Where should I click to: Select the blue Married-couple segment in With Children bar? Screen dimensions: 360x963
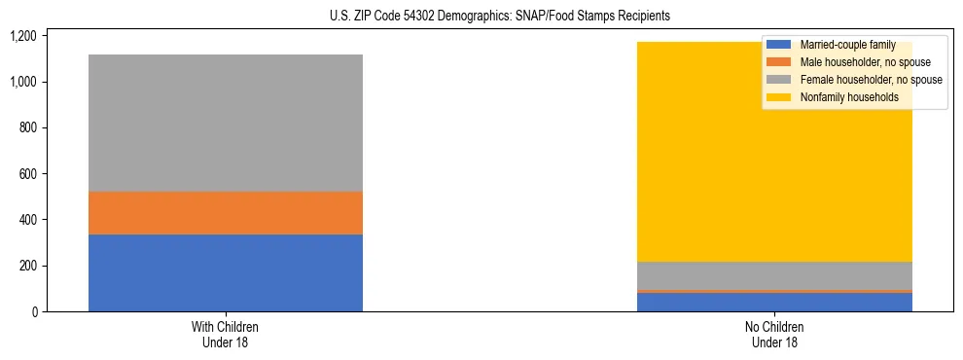click(225, 272)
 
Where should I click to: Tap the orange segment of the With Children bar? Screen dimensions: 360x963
click(225, 213)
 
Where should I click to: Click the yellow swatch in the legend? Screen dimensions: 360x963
click(779, 97)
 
